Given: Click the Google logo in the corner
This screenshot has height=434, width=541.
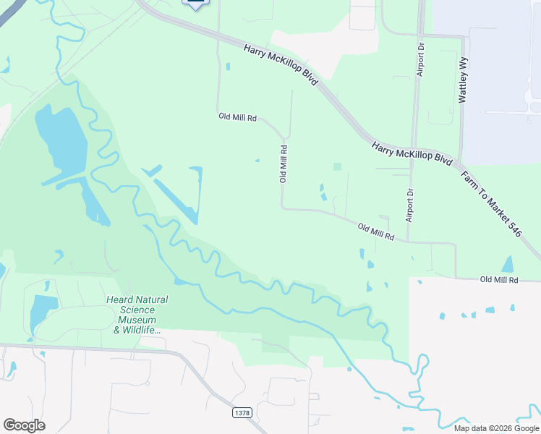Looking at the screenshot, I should pos(24,425).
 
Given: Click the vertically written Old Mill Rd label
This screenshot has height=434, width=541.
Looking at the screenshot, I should pos(284,163).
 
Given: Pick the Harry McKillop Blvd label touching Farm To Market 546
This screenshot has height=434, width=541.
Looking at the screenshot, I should pos(413,156).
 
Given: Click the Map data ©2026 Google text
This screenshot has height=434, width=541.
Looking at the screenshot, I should pos(495,427).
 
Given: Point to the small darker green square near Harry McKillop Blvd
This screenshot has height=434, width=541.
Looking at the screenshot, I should pos(337,167).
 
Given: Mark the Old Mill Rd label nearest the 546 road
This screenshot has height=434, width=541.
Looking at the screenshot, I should pos(500,279).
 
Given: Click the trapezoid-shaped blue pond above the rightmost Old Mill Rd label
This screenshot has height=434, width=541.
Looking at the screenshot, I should pos(507,265).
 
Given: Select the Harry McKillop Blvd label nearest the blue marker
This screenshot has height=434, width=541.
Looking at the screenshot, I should pos(281,65).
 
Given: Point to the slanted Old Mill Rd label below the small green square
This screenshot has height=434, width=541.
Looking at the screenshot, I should pos(376,232).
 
